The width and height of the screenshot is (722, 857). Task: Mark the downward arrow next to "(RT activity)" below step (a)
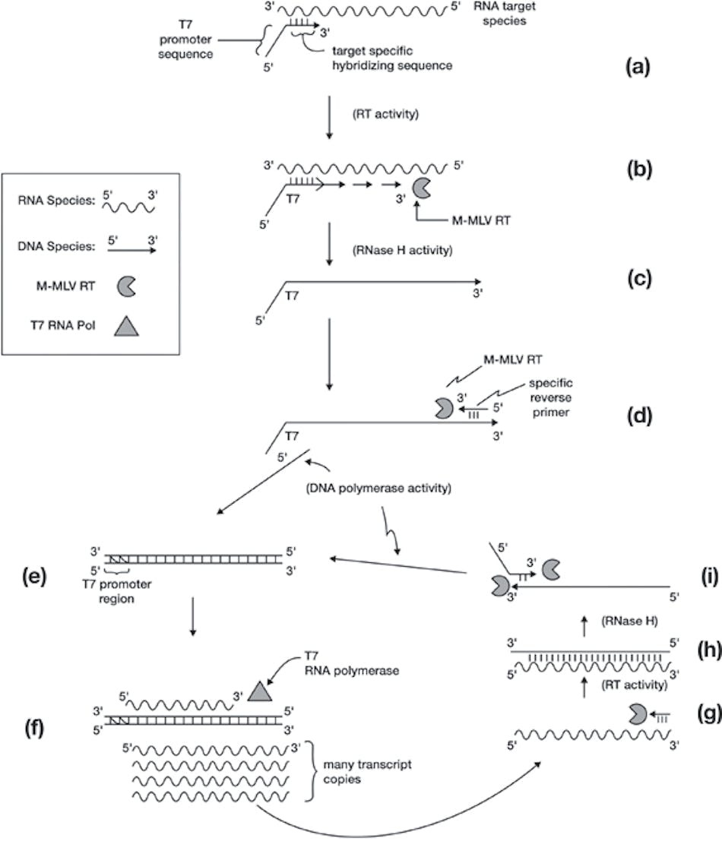pyautogui.click(x=328, y=116)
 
